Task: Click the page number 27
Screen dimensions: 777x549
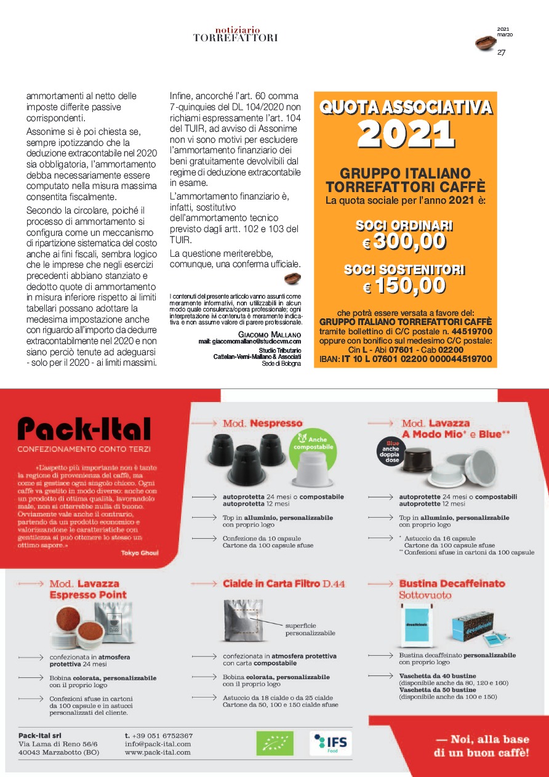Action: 501,52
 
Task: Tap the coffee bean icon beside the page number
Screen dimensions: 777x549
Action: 484,43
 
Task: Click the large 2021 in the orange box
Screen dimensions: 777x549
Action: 406,134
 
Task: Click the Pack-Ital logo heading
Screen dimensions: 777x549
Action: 84,429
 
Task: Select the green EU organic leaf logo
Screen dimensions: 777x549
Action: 274,743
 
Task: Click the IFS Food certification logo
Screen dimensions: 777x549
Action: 331,743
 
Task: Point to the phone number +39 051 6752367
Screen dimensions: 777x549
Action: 159,736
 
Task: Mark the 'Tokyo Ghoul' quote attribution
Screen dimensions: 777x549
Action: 140,553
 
